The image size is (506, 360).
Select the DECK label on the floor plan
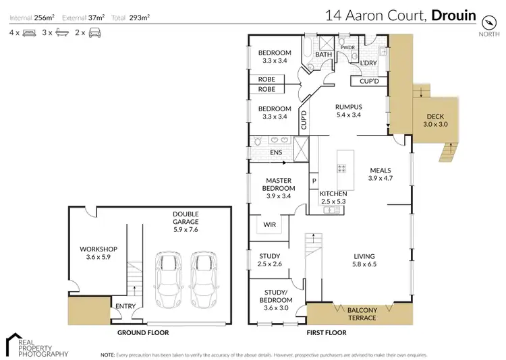[x=433, y=115]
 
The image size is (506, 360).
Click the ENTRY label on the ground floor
[x=125, y=306]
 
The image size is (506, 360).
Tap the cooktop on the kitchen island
[x=342, y=169]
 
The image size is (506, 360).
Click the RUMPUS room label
[x=349, y=107]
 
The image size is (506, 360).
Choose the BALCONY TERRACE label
[x=367, y=313]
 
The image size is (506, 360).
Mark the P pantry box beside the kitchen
[x=314, y=181]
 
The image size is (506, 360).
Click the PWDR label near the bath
[x=348, y=48]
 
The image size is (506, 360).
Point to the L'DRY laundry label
[x=368, y=63]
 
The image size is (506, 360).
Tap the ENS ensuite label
[x=276, y=153]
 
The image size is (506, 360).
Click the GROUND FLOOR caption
[x=143, y=332]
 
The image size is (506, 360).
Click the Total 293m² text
[x=135, y=16]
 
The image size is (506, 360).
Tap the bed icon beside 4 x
[x=29, y=32]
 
